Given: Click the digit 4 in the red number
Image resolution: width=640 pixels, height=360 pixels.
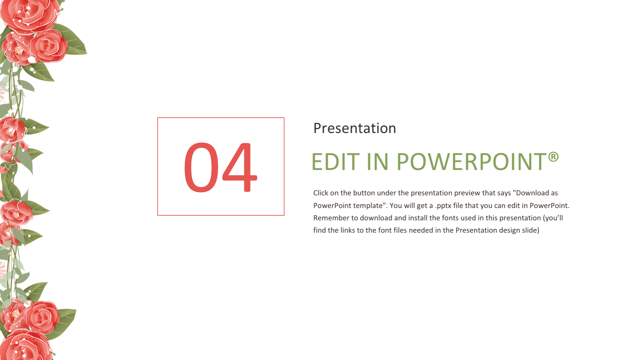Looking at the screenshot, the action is pyautogui.click(x=240, y=167).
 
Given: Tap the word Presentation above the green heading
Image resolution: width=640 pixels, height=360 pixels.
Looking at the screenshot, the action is pyautogui.click(x=355, y=128).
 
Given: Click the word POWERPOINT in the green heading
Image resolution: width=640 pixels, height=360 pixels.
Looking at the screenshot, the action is pyautogui.click(x=471, y=162).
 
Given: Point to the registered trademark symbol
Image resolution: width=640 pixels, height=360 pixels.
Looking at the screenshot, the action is pyautogui.click(x=553, y=157).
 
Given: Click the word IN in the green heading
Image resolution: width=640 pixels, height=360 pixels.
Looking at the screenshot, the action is pyautogui.click(x=378, y=162).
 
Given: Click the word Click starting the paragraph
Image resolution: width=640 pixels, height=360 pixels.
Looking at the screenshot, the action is pyautogui.click(x=321, y=193).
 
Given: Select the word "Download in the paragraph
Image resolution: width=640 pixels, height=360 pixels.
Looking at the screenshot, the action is pyautogui.click(x=531, y=193).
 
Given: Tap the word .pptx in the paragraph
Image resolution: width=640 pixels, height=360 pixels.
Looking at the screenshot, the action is pyautogui.click(x=443, y=206).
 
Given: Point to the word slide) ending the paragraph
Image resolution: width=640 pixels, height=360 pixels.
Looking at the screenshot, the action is pyautogui.click(x=531, y=231).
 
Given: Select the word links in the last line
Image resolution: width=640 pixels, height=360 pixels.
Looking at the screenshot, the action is pyautogui.click(x=348, y=230).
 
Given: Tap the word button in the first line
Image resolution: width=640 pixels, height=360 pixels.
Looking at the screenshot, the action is pyautogui.click(x=364, y=193).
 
